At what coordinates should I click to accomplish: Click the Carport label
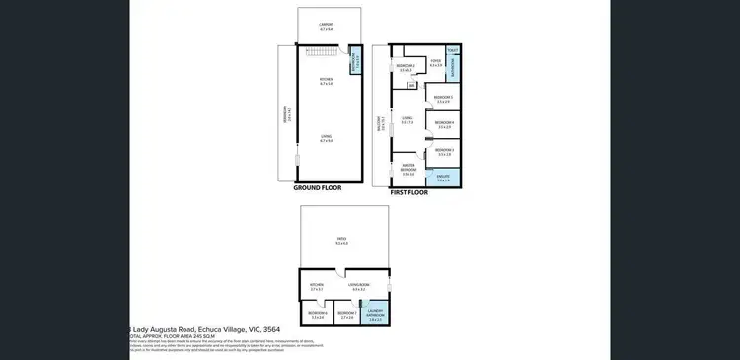click(x=327, y=26)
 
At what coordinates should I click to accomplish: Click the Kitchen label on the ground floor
click(x=327, y=81)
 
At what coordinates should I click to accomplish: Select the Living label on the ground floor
click(x=327, y=140)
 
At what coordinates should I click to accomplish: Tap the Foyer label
click(x=435, y=63)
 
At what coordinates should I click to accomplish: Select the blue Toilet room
click(x=453, y=49)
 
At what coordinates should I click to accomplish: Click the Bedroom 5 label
click(x=443, y=98)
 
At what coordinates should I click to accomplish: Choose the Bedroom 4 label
click(x=443, y=124)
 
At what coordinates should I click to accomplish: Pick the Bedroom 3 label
click(x=443, y=152)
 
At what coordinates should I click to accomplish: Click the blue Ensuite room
click(x=443, y=178)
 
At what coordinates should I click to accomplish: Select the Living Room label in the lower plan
click(x=358, y=287)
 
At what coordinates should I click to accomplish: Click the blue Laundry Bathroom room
click(x=375, y=315)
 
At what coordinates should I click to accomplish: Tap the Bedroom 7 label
click(x=346, y=315)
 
